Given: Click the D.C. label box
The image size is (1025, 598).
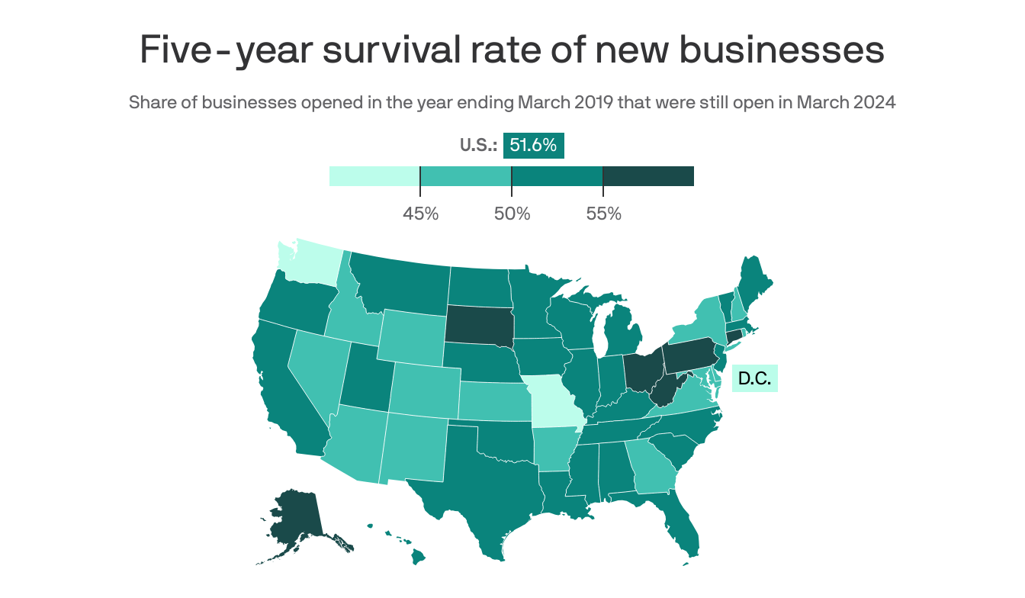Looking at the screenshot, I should [x=754, y=378].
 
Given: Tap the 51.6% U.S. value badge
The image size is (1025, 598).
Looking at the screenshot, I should [x=533, y=145].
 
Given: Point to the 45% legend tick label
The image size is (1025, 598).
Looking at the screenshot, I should [x=420, y=214].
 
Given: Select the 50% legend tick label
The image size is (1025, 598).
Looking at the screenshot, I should [x=512, y=214].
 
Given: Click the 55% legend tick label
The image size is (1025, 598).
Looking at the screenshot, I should [x=603, y=214].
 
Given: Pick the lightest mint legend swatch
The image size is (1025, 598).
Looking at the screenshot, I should [x=374, y=176].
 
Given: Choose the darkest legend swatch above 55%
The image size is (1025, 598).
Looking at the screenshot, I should [x=648, y=176].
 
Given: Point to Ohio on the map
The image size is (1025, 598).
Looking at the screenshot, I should [x=642, y=370].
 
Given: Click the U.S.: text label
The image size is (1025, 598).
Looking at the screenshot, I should [x=478, y=145].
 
